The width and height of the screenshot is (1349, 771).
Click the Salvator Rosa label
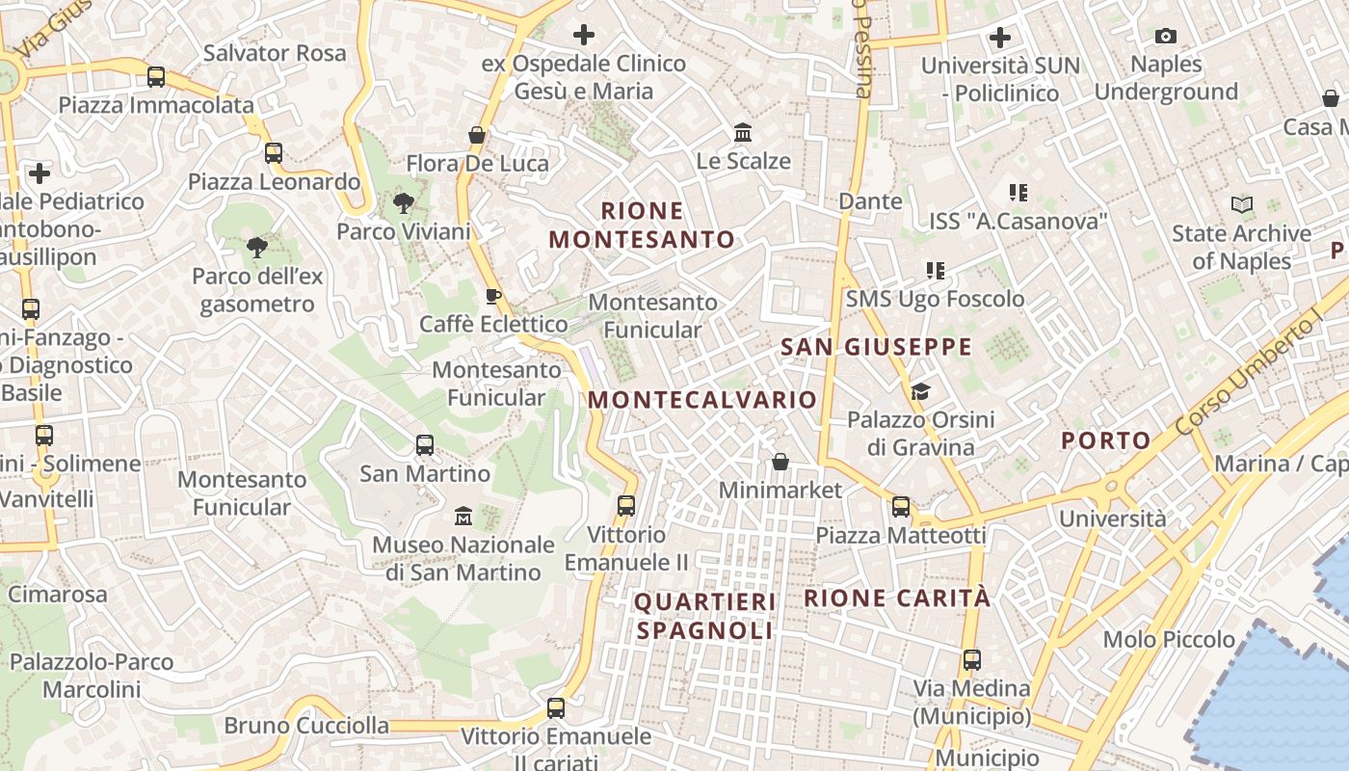pos(275,53)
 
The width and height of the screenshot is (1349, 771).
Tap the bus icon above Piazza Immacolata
pos(155,77)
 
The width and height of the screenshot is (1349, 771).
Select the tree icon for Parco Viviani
pos(403,203)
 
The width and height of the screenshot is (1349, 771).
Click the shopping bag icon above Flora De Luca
pos(476,135)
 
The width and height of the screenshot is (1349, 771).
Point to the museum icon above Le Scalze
pos(743,132)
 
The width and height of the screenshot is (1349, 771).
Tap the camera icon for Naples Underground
pos(1166,37)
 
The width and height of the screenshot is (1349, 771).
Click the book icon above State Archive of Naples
pos(1242,205)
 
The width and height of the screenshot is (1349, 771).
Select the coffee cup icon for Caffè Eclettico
pos(492,296)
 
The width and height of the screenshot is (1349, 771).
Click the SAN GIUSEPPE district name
pos(876,347)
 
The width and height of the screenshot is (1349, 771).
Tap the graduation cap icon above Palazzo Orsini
pos(920,391)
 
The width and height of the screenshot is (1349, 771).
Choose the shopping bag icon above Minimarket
pos(780,463)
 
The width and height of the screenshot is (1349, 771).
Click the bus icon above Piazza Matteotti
pos(901,507)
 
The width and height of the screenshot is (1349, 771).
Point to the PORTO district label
pos(1106,440)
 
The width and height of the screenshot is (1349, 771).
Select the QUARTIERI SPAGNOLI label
pos(705,617)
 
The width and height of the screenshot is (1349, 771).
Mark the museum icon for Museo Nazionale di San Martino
pos(463,517)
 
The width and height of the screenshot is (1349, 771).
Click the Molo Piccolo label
pos(1169,639)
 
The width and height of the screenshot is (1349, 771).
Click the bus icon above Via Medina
pos(971,661)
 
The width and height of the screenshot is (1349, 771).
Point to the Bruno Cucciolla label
pos(306,726)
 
